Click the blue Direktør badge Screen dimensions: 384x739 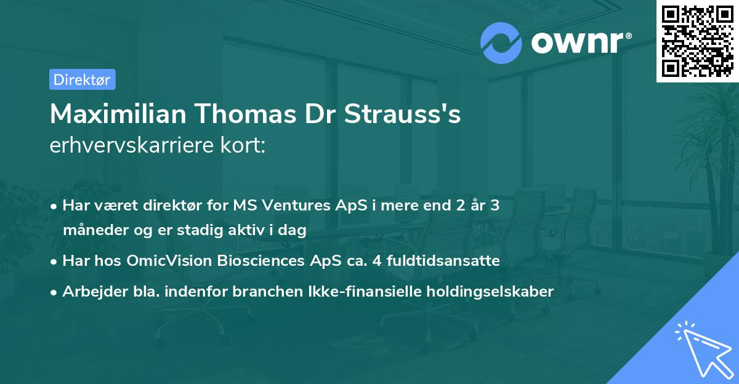tap(82, 79)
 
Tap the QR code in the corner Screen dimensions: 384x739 tap(697, 41)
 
